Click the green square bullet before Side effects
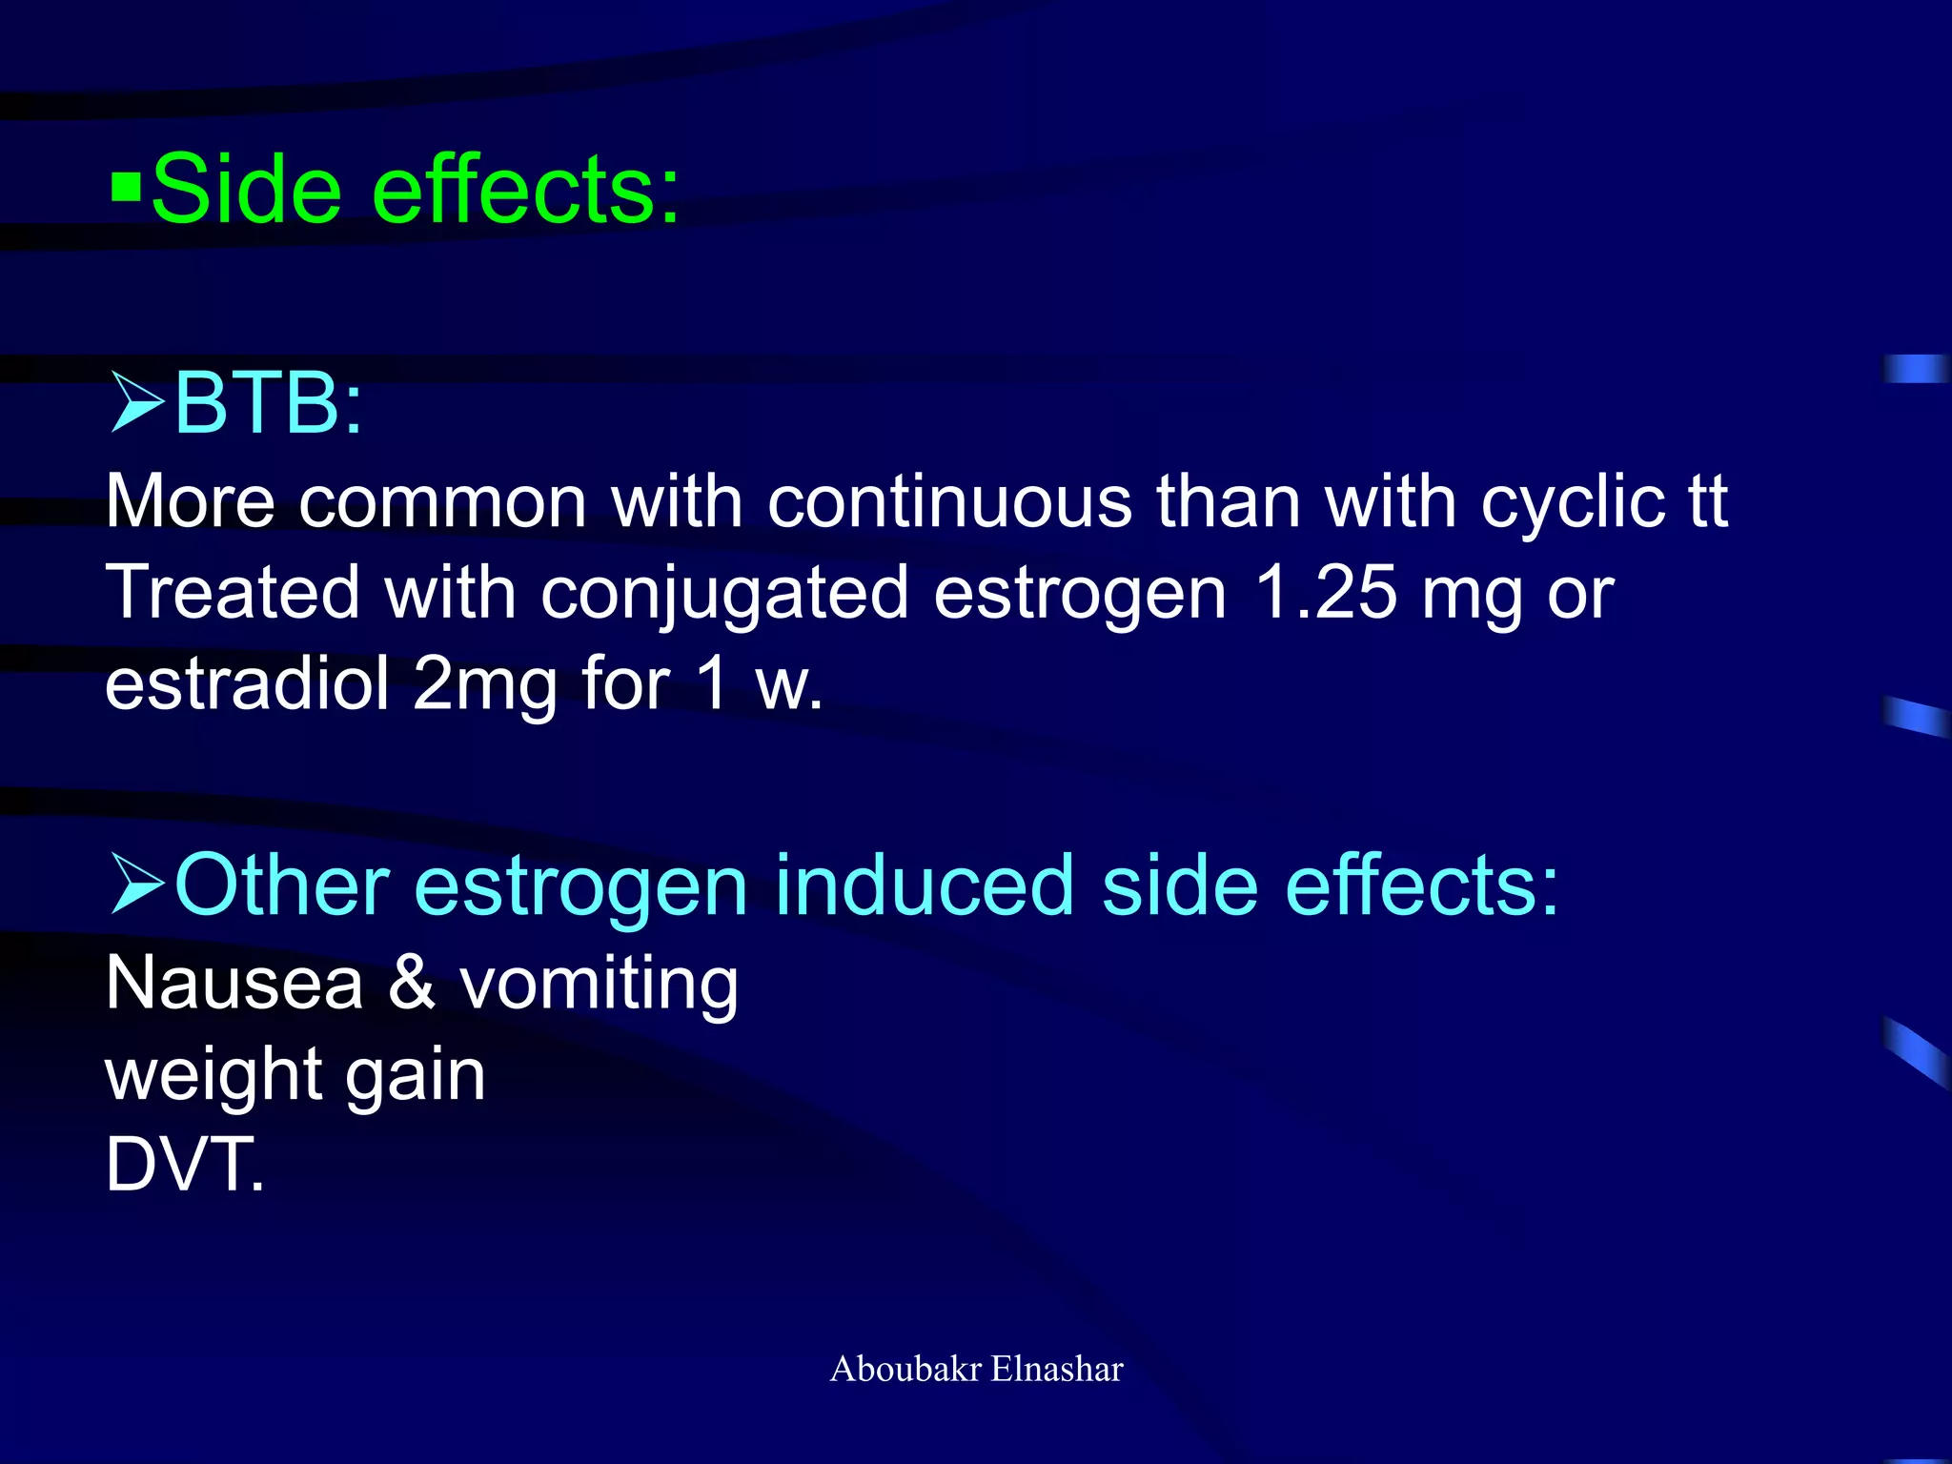click(x=126, y=189)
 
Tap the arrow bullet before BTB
click(x=136, y=402)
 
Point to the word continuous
click(x=949, y=501)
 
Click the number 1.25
click(x=1325, y=593)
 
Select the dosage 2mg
click(x=484, y=685)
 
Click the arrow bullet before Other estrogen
click(x=136, y=884)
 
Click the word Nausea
click(x=234, y=983)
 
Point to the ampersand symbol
click(x=412, y=983)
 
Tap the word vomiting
click(x=599, y=985)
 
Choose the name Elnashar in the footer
click(x=1057, y=1369)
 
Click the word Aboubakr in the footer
click(x=905, y=1369)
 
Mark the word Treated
click(x=233, y=593)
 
